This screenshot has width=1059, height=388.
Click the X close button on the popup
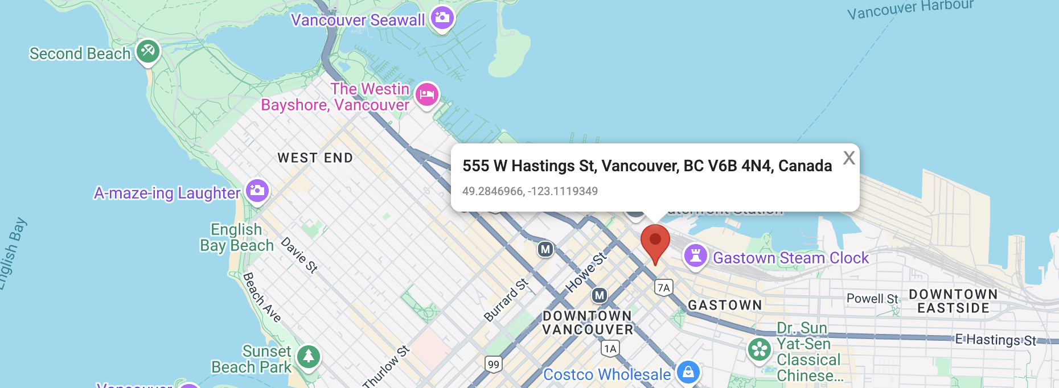click(849, 158)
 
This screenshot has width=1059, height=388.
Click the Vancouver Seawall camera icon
click(442, 18)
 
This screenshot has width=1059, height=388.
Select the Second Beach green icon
click(148, 52)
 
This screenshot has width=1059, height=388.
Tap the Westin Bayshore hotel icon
click(427, 95)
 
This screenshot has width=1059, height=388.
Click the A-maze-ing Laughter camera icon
click(257, 191)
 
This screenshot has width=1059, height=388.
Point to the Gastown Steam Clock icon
click(695, 256)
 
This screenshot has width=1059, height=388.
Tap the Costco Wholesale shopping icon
click(688, 373)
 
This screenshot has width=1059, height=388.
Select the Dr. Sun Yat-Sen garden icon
click(760, 350)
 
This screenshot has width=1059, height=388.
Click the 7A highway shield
click(664, 287)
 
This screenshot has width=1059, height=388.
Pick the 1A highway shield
click(610, 348)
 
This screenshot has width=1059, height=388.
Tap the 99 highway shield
click(494, 364)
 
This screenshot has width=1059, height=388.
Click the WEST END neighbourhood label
click(315, 158)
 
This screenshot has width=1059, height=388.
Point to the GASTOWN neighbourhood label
click(725, 306)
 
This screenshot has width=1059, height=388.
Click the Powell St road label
click(872, 299)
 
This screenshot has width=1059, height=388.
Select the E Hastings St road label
click(996, 340)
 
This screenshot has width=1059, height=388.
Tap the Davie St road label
click(299, 255)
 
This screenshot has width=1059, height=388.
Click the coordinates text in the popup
click(530, 191)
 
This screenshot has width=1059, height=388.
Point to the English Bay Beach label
click(237, 237)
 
